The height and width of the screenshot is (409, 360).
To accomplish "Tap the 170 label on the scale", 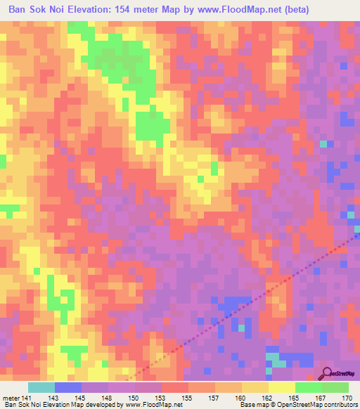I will click(x=347, y=397).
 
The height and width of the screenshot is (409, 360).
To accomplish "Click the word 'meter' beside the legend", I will click(x=11, y=397).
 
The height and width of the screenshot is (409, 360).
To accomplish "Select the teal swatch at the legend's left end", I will click(x=41, y=387).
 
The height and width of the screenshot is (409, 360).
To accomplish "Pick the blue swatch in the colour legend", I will click(x=67, y=387).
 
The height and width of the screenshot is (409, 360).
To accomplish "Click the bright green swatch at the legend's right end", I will click(x=335, y=387).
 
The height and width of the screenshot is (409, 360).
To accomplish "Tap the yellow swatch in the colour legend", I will click(x=281, y=387).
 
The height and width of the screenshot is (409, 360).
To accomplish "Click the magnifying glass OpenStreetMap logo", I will click(x=327, y=373).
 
